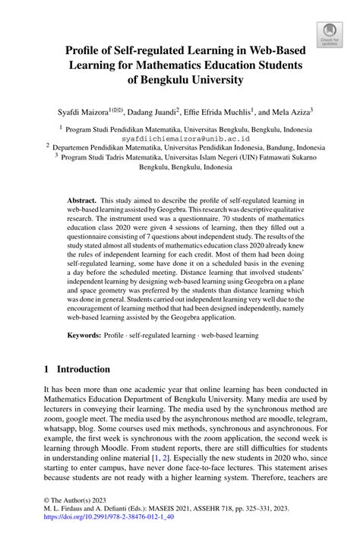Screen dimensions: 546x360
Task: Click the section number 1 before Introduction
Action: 46,370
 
